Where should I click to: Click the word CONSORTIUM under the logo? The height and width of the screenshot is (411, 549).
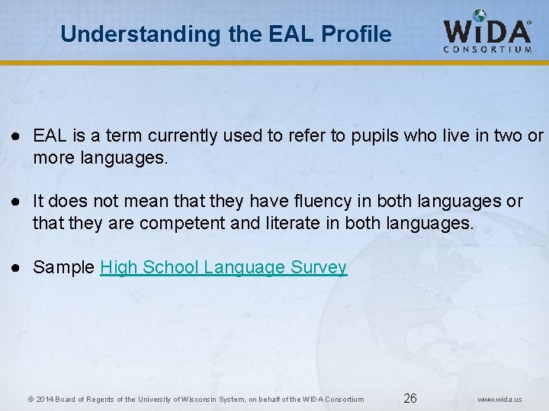487,50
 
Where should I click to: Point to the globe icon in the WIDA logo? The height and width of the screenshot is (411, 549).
479,16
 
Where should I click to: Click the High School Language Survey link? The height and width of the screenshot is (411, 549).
223,267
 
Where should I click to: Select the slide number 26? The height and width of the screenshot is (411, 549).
410,398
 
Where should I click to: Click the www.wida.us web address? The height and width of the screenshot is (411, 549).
499,399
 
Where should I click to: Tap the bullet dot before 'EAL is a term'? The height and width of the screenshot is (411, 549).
14,136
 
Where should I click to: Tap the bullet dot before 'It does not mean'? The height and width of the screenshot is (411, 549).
14,202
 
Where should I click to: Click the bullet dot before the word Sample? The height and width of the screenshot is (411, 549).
14,268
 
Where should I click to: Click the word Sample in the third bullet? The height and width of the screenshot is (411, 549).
64,267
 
